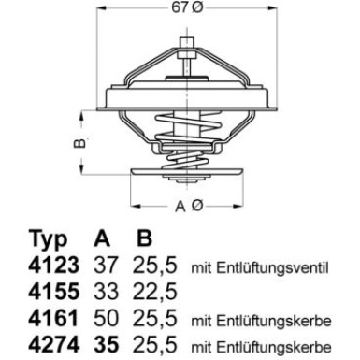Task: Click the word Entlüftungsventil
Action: [281, 269]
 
